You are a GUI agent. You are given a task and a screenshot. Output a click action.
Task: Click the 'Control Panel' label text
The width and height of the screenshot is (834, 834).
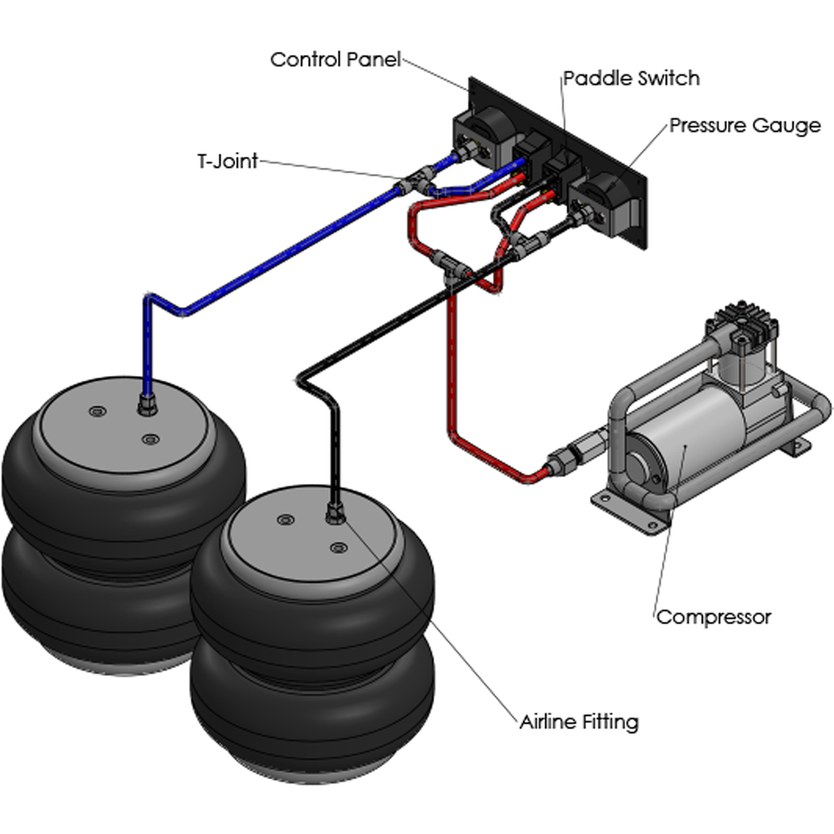(x=335, y=59)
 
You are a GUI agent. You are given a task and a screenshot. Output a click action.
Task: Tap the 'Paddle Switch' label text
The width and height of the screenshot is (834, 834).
(x=631, y=78)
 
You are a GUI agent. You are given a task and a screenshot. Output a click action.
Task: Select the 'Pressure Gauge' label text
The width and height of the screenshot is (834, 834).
(x=744, y=125)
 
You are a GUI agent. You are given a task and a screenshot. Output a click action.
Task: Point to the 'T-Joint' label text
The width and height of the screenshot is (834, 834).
(x=226, y=161)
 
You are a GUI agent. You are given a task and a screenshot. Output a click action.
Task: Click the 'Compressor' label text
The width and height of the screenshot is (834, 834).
(x=713, y=617)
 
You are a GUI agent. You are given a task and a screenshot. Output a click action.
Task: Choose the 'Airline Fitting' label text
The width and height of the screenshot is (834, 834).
(x=578, y=722)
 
